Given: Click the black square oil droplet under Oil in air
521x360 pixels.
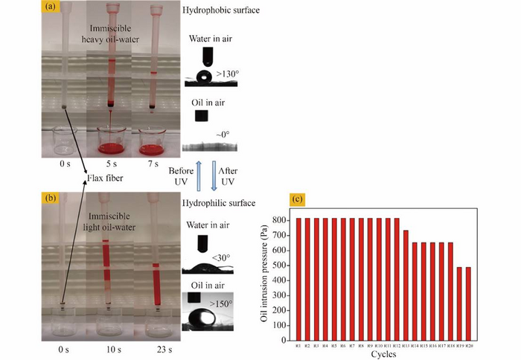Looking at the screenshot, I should (x=199, y=116).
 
